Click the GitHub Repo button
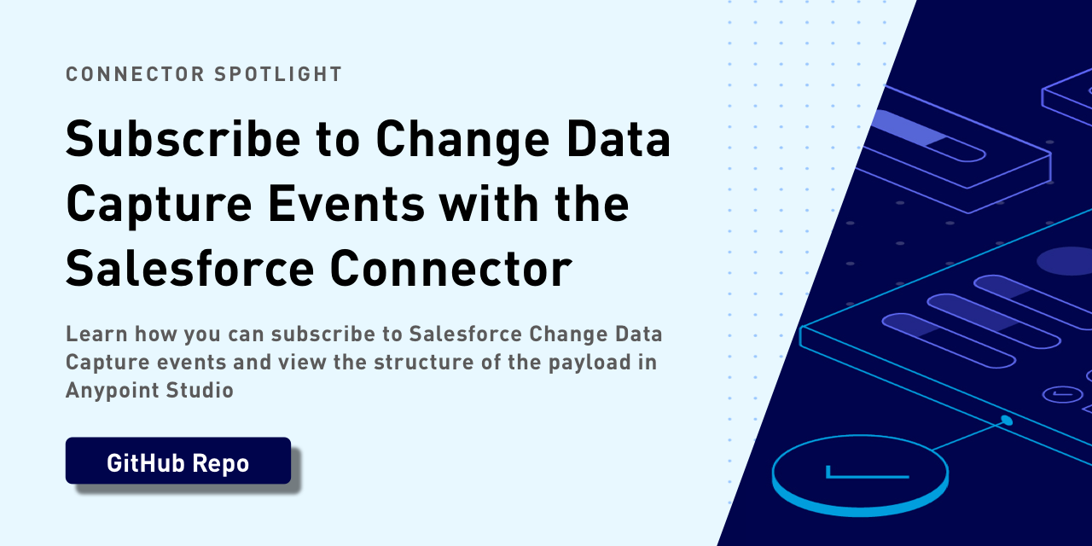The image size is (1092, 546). point(178,461)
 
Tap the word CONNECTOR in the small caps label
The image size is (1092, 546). point(135,74)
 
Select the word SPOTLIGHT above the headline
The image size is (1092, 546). point(278,74)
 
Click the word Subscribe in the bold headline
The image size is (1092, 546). point(183,139)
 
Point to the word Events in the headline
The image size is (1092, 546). point(346,204)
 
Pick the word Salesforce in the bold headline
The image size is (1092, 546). point(190,269)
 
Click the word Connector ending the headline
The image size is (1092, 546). point(451,269)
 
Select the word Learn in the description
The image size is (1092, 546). point(97,334)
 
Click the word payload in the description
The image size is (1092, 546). point(590,363)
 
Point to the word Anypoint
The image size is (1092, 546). point(113,391)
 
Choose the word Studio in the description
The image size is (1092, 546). point(200,390)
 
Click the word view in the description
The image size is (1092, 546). point(302,363)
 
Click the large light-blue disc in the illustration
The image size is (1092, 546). point(861,475)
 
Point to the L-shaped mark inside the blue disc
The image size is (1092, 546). point(868,473)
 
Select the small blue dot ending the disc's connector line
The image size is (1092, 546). point(1006,421)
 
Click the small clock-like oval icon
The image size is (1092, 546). point(1062,394)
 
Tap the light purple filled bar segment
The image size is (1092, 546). point(908,128)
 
